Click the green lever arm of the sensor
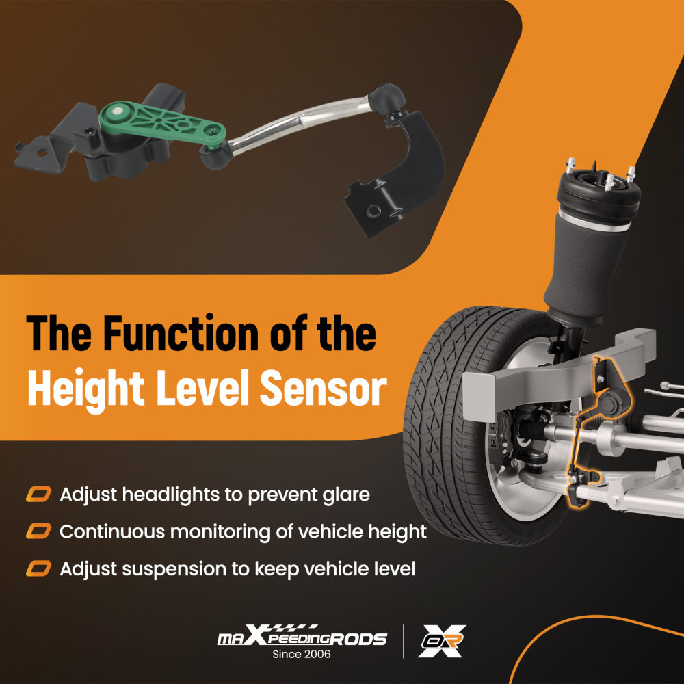[161, 122]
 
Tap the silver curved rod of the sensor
[301, 122]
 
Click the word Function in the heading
[181, 334]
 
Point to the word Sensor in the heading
[323, 389]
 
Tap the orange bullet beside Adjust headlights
[39, 495]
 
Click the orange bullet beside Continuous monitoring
[39, 531]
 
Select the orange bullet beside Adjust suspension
[39, 569]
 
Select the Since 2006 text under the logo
[302, 654]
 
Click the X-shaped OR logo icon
[442, 641]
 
